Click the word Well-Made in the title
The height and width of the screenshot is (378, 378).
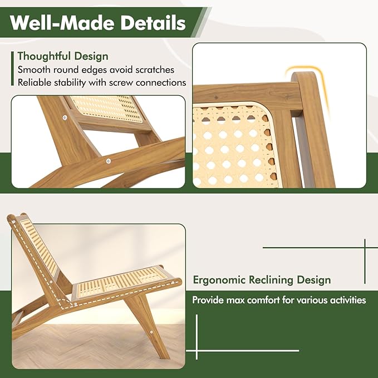click(62, 23)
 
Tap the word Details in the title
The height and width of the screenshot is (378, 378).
click(153, 23)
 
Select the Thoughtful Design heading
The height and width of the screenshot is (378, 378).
click(63, 56)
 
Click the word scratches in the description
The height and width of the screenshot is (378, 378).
click(155, 70)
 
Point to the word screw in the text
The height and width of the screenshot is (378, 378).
click(121, 83)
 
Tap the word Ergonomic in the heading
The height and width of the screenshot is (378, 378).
click(219, 280)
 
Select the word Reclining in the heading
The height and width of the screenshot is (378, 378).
click(271, 280)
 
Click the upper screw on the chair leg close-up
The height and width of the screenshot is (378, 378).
click(65, 117)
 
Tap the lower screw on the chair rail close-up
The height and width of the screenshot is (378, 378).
click(109, 161)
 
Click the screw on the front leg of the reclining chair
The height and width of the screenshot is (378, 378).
click(151, 332)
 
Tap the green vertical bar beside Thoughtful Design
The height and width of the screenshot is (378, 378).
click(13, 68)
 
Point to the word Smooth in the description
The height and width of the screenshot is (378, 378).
click(34, 70)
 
